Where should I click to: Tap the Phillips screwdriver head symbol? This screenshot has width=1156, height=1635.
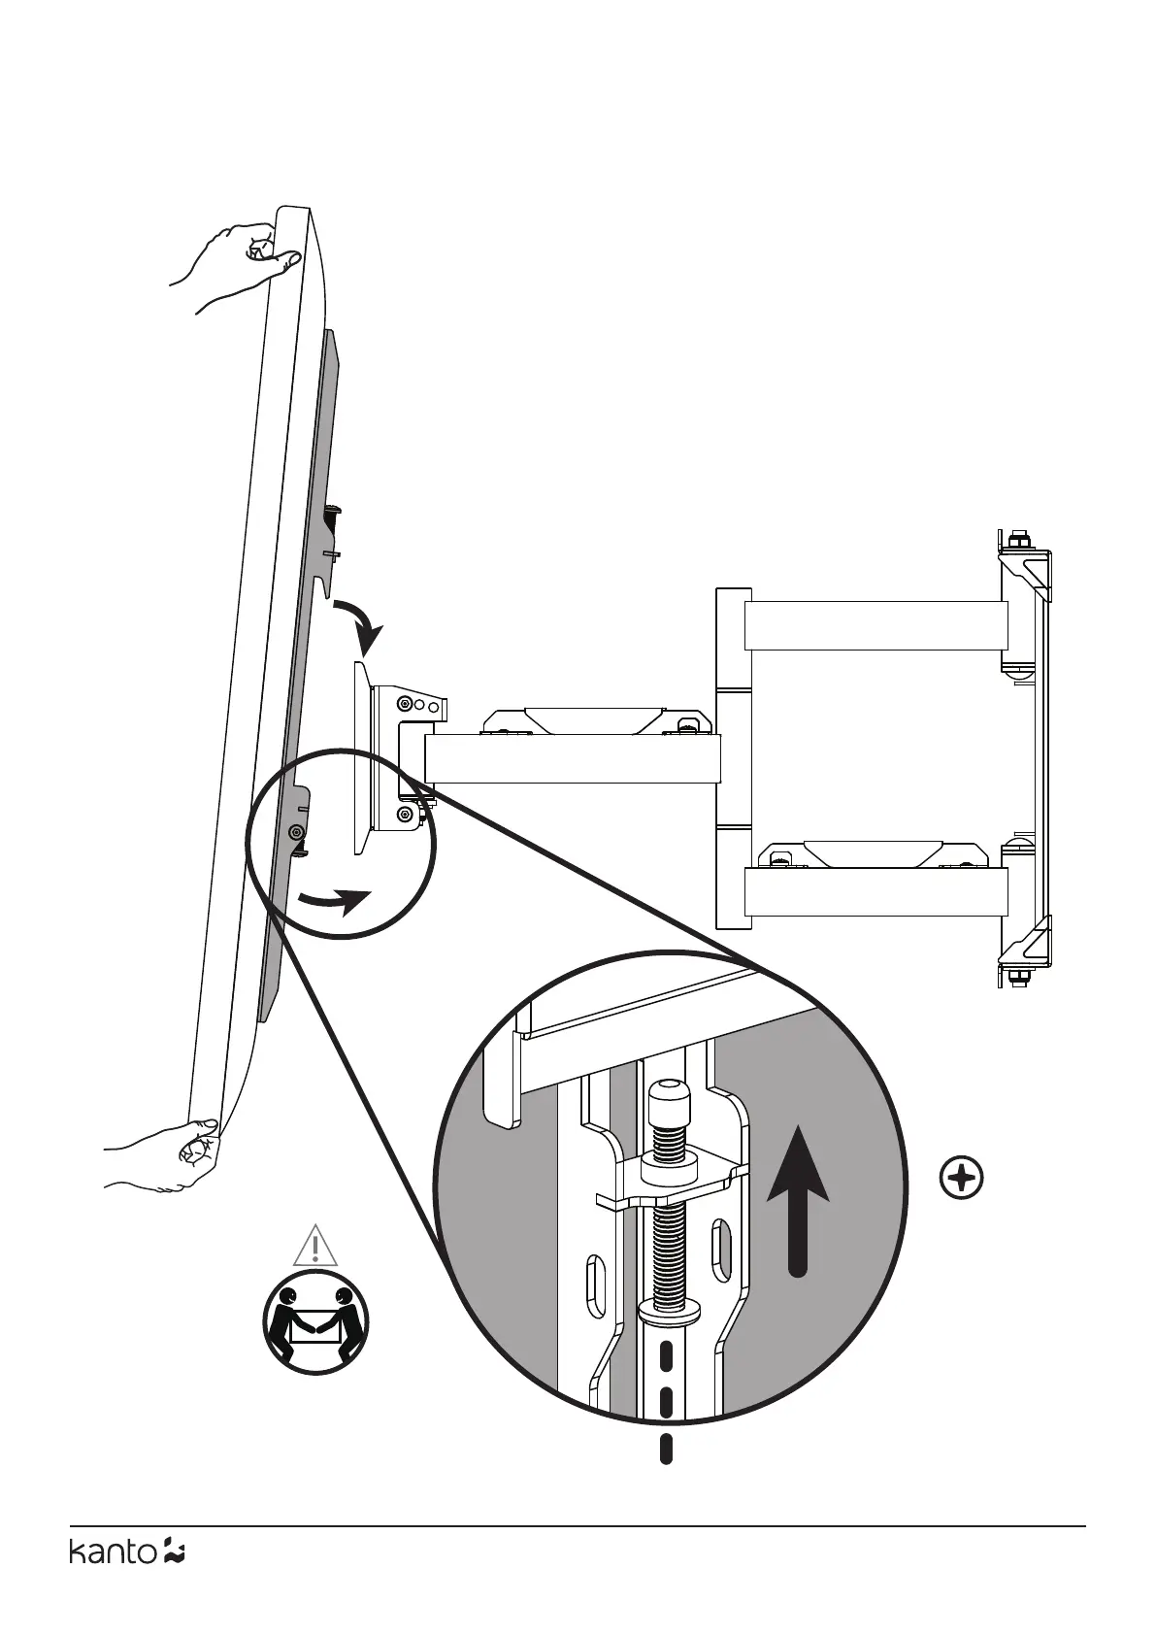[962, 1180]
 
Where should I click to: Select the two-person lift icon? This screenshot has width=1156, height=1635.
[315, 1322]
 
